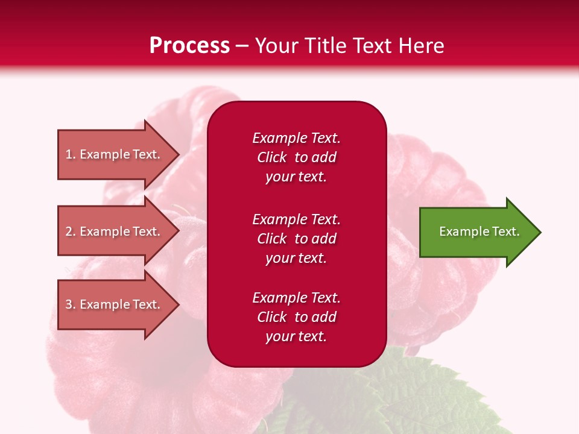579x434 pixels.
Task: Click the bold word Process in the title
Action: tap(189, 46)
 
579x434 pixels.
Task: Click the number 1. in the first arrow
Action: tap(71, 154)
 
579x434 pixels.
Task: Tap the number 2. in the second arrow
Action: tap(71, 231)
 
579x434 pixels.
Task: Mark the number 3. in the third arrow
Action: tap(71, 304)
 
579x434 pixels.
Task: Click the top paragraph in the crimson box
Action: tap(296, 157)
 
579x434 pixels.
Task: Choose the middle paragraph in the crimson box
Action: tap(296, 239)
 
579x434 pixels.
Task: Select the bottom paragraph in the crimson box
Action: tap(296, 317)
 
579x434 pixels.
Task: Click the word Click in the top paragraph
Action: tap(272, 157)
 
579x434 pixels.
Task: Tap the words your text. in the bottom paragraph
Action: tap(296, 336)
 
